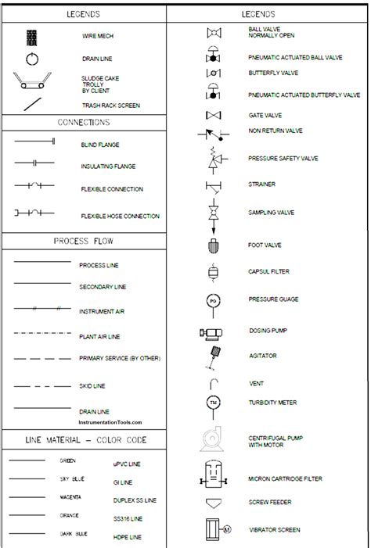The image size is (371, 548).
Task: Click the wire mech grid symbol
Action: point(32,37)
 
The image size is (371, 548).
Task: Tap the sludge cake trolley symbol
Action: point(31,82)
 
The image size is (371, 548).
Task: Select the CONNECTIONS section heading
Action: point(83,123)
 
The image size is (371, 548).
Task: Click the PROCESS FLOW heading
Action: point(83,241)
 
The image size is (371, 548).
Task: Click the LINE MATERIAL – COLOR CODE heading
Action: point(84,440)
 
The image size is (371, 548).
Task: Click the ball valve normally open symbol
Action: point(212,33)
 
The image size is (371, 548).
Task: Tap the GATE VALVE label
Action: point(267,115)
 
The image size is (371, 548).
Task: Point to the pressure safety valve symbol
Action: point(213,160)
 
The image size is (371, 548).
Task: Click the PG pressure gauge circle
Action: point(212,300)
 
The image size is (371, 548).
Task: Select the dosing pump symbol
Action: point(211,332)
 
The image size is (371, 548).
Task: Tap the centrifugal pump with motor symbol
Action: point(211,439)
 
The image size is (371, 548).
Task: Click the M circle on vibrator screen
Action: point(228,530)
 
